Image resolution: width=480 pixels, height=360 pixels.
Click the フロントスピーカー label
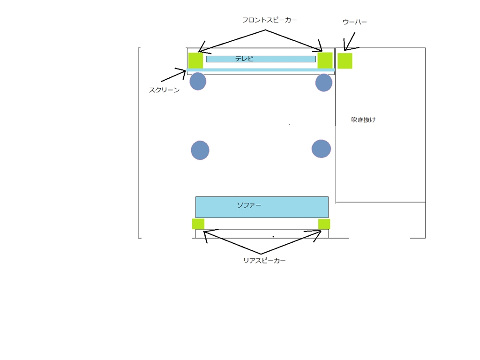(270, 20)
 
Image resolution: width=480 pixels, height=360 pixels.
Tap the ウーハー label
(354, 22)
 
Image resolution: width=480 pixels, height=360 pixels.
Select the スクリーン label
(164, 90)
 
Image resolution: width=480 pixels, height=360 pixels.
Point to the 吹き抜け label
(363, 120)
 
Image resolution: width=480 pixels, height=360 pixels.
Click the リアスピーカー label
(264, 261)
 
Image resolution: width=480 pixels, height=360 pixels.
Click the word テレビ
(244, 59)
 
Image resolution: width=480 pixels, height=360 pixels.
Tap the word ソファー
(249, 205)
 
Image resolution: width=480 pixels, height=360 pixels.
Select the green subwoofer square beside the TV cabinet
(345, 61)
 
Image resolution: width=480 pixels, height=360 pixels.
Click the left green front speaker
(195, 60)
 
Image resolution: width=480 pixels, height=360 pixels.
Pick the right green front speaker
(325, 60)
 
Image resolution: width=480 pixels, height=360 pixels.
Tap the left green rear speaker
(198, 224)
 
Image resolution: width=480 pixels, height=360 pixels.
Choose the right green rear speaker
(324, 224)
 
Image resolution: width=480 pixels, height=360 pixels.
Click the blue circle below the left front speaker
(198, 81)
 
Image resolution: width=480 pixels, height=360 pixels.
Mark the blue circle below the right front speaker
(324, 82)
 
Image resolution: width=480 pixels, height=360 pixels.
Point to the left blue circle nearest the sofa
(200, 150)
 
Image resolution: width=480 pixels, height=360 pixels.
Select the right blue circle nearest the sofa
(321, 149)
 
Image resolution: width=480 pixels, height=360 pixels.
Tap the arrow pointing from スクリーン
(173, 76)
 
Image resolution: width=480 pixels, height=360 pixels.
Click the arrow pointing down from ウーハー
(350, 41)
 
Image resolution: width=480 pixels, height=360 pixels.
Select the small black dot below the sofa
(273, 237)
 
